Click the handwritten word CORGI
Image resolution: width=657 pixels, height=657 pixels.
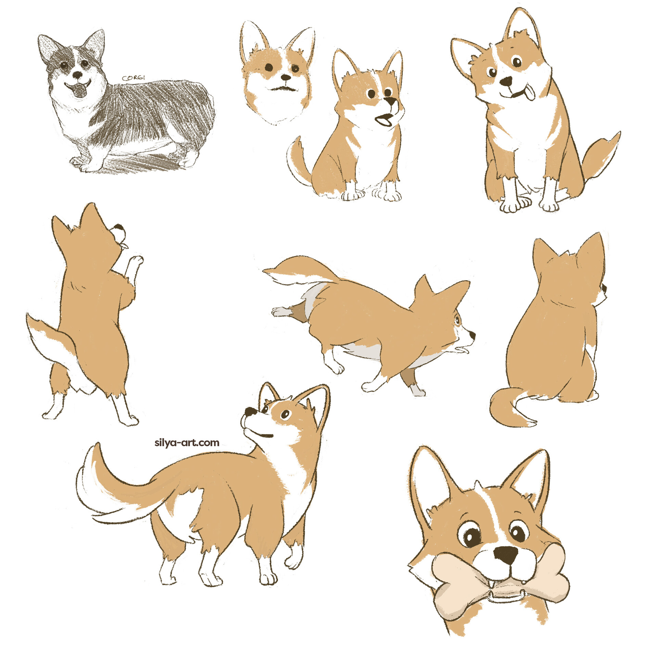pyautogui.click(x=133, y=78)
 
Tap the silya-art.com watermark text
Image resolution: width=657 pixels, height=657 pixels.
pyautogui.click(x=187, y=442)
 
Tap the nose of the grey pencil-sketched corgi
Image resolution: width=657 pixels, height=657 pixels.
pyautogui.click(x=78, y=75)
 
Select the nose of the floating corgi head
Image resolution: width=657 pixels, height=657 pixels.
pyautogui.click(x=285, y=77)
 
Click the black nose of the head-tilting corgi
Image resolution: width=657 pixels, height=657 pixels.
pyautogui.click(x=506, y=81)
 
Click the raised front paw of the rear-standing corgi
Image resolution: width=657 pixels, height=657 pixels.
pyautogui.click(x=137, y=261)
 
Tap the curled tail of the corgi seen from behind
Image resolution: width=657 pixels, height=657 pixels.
pyautogui.click(x=510, y=409)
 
